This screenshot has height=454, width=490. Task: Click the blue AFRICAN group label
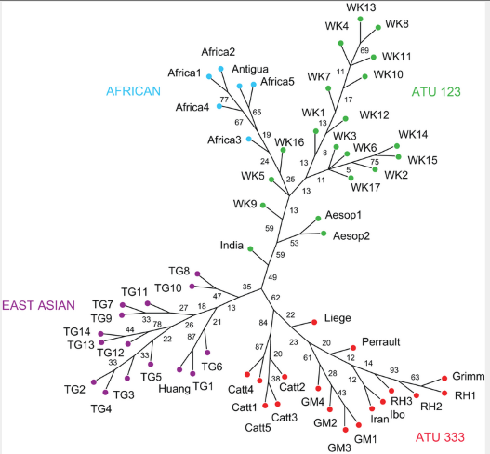coord(133,91)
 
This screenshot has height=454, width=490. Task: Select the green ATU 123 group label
coord(436,92)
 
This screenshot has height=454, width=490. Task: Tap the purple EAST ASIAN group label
coord(38,305)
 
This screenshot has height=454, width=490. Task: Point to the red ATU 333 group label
coord(440,437)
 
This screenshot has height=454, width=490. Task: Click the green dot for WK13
coord(361,20)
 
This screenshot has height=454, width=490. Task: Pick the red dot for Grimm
coord(444,379)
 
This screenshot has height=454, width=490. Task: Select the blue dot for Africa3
coord(249,139)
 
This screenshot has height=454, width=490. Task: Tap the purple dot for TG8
coord(197,274)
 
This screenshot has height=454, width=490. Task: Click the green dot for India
coord(250,249)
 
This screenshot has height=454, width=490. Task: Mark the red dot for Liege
coord(314,322)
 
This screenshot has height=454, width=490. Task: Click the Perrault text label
coord(380,341)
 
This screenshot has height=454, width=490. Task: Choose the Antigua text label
coord(250,69)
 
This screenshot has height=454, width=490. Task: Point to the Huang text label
coord(174,389)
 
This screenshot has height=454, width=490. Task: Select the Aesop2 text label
coord(351,235)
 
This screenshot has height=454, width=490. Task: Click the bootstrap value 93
coord(394,370)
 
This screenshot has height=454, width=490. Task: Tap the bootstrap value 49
coord(272,277)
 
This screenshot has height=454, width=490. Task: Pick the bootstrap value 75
coord(375,162)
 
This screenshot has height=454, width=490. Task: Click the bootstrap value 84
coord(263,323)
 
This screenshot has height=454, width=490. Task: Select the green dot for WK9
coord(263,206)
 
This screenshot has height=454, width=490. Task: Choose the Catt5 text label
coord(258,427)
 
